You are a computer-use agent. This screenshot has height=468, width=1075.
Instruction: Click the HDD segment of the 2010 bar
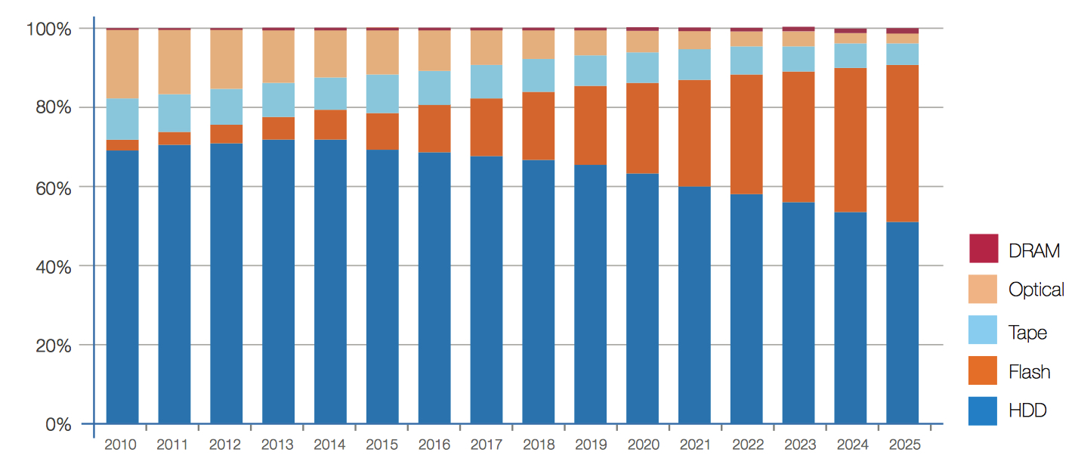pos(122,287)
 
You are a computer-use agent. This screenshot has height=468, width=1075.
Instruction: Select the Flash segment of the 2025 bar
pos(902,144)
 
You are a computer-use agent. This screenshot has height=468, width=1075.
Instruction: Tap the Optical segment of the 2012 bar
pos(226,60)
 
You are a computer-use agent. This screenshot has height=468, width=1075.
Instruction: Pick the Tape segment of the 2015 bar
pos(382,94)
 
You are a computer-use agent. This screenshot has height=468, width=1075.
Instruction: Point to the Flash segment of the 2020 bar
pos(642,129)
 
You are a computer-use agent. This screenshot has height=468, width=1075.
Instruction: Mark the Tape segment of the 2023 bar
pos(799,59)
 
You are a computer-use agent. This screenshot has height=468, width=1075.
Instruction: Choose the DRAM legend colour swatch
pos(983,249)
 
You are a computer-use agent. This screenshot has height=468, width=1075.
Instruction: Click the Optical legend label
pos(1036,290)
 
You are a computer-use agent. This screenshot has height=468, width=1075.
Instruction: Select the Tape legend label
pos(1027,331)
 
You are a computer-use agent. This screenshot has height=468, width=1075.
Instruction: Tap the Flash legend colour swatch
pos(983,370)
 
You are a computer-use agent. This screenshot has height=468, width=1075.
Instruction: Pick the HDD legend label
pos(1027,411)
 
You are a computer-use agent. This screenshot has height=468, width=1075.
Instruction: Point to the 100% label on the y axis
pos(48,29)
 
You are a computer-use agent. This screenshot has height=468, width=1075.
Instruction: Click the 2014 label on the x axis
pos(329,445)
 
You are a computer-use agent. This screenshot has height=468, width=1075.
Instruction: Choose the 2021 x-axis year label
pos(693,445)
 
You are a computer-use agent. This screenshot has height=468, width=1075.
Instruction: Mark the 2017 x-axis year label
pos(486,445)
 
